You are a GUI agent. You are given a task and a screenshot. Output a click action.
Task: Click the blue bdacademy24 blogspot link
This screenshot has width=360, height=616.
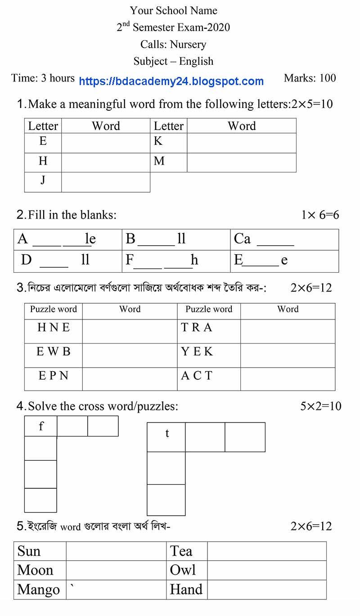coord(171,81)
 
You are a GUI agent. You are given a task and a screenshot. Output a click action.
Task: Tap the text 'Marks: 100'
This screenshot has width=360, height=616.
coord(310,78)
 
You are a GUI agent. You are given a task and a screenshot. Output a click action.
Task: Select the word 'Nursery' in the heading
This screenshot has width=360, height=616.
coord(188,44)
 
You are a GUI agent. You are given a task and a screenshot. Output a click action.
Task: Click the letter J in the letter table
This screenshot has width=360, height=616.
coord(43,180)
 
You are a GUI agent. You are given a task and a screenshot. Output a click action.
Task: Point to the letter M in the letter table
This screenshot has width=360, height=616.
coord(159,161)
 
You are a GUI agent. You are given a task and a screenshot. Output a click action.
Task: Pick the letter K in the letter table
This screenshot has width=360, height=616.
coord(158,141)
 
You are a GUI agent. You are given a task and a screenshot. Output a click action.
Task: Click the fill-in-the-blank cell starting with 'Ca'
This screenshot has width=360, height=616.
coord(284,239)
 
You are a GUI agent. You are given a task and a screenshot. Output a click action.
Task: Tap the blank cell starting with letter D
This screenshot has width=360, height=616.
coord(67,261)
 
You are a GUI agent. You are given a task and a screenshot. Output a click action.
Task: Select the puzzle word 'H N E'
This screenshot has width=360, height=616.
coord(54,328)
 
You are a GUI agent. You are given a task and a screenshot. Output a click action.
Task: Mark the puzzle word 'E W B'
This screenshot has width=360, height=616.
coord(54,351)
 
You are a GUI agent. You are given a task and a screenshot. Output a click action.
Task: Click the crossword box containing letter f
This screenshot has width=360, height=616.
coord(41,426)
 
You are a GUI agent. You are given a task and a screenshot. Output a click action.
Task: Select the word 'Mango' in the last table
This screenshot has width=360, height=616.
coord(38,589)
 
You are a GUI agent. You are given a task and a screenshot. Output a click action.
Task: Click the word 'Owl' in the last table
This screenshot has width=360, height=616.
coord(183,570)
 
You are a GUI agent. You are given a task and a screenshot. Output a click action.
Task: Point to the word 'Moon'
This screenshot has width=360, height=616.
coord(35,570)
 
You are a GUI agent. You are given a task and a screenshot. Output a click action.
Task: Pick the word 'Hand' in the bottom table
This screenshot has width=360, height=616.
coord(186,589)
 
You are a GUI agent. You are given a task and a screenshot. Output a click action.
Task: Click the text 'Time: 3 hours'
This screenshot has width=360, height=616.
coord(43,78)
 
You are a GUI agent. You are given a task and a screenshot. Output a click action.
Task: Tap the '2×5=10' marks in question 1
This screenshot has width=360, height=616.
coord(312,104)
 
